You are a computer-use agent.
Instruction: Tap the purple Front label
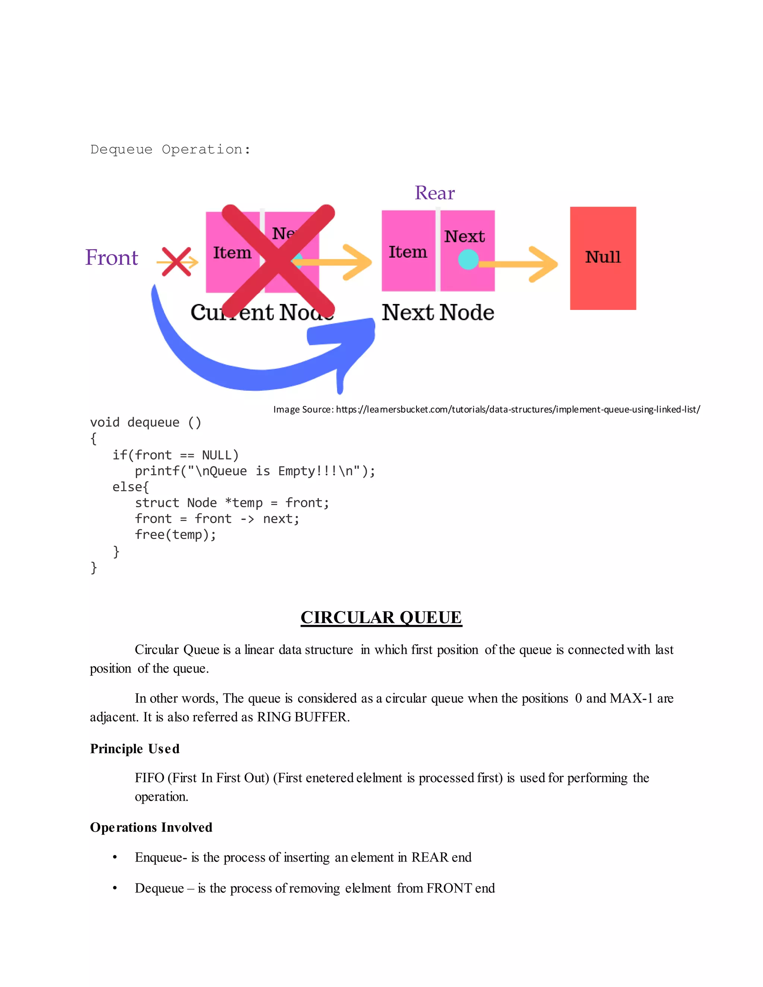112,258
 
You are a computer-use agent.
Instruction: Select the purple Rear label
434,193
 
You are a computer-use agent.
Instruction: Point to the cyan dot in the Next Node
468,259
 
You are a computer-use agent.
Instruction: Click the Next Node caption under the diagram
437,312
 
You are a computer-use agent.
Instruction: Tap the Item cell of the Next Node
408,252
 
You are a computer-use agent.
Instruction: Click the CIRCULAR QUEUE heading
381,617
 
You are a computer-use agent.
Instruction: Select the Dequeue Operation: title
170,150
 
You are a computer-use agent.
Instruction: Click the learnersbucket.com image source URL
517,409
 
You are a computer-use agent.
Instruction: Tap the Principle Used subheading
135,749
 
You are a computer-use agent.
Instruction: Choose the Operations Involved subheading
151,827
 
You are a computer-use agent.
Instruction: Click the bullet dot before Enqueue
115,857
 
